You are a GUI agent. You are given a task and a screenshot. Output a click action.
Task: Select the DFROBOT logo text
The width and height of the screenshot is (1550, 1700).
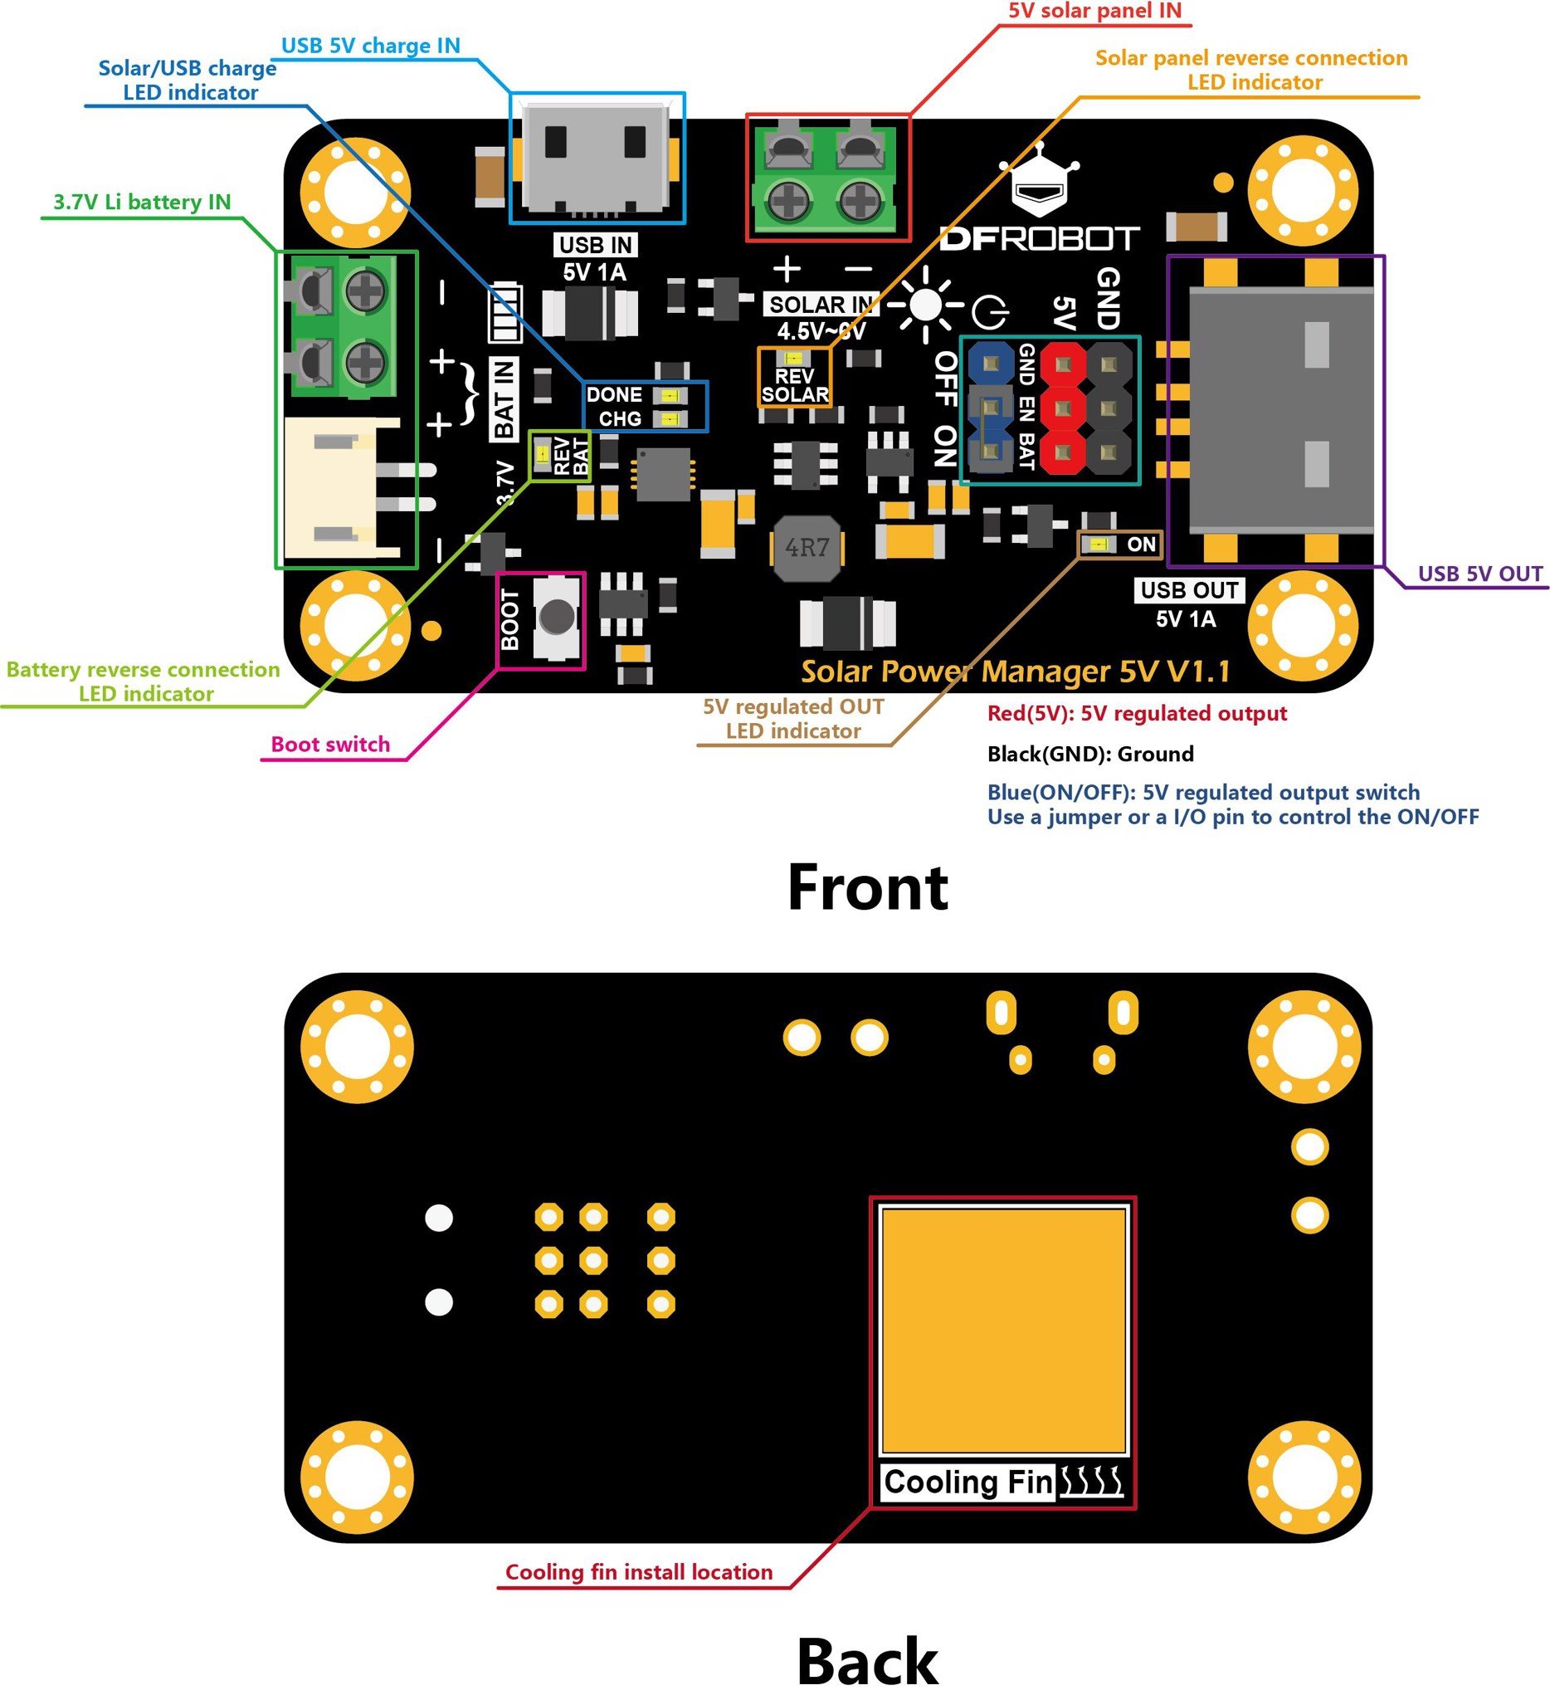point(1039,238)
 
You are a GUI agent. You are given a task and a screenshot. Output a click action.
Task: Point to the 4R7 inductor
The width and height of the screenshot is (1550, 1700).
point(807,548)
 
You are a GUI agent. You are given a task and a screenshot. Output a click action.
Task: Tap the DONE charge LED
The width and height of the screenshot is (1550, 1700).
point(670,395)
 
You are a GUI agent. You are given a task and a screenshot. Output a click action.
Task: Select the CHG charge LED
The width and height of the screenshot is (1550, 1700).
point(670,419)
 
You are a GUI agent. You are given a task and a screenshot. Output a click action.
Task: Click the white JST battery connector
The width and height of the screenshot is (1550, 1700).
point(341,489)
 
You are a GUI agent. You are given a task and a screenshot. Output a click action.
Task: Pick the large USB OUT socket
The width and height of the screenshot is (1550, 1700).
point(1277,409)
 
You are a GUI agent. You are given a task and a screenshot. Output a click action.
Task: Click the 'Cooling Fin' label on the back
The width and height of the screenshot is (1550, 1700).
point(968,1482)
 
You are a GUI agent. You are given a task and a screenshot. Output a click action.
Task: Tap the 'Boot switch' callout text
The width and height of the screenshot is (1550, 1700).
point(330,745)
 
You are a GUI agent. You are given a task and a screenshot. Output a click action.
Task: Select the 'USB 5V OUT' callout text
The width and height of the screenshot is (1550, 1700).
point(1479,574)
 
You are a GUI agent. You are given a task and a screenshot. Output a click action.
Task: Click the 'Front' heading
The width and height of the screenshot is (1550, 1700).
point(867,888)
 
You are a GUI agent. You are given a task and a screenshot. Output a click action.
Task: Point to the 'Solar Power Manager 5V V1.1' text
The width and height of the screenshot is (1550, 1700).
point(1015,672)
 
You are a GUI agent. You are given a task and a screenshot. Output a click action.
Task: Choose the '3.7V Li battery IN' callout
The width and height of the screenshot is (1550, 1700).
point(142,203)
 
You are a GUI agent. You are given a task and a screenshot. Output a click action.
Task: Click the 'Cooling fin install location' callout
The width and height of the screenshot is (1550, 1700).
point(638,1573)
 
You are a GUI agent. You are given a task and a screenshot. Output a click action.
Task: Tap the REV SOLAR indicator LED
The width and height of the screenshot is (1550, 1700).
point(792,359)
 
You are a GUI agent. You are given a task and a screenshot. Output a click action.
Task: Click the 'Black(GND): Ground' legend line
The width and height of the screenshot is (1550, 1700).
point(1089,754)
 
